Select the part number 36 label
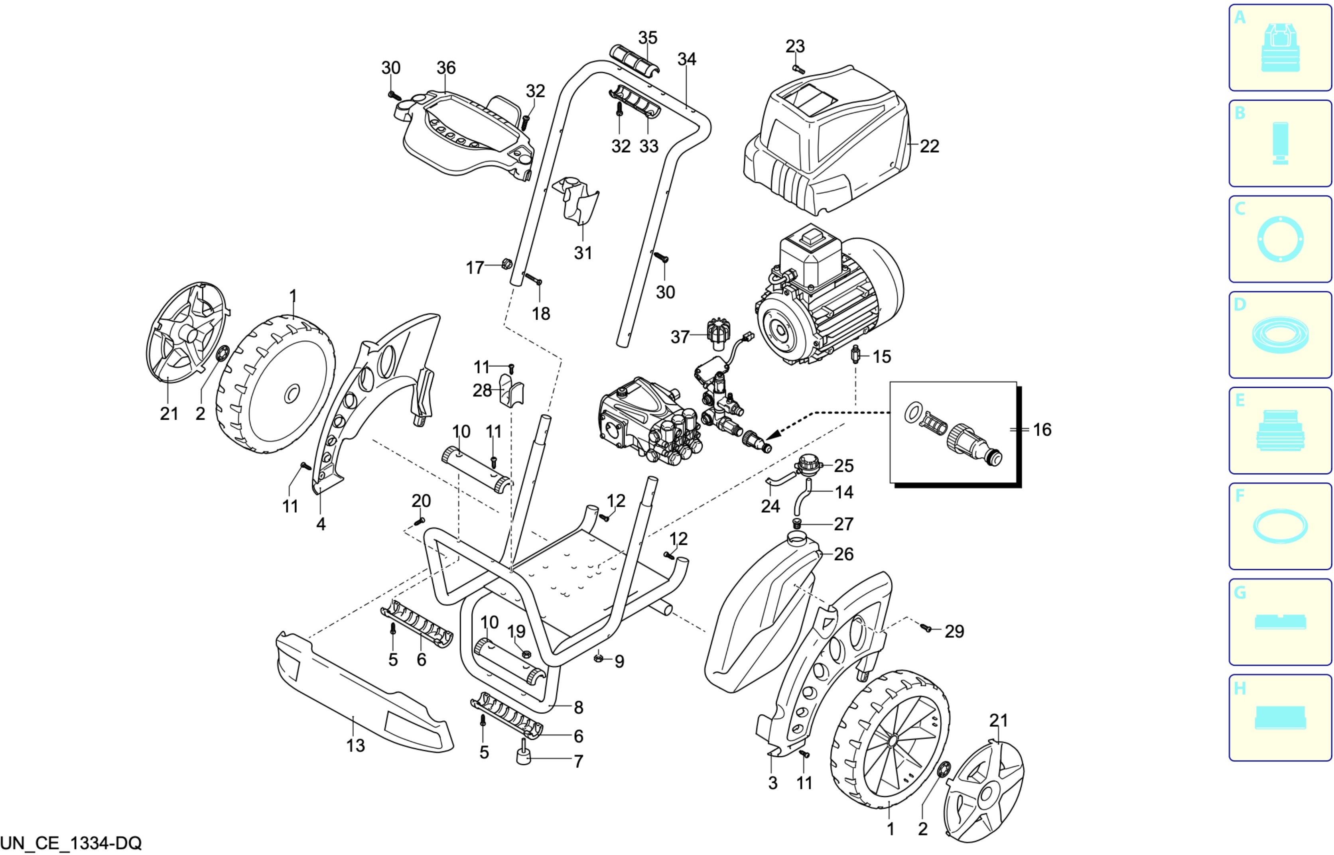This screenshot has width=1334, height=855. click(x=446, y=68)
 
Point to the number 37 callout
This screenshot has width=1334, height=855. click(x=680, y=337)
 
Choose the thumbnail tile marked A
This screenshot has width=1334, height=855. click(x=1280, y=48)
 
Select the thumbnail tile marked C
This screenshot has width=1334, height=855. click(x=1280, y=239)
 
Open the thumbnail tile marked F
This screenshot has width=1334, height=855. click(x=1280, y=526)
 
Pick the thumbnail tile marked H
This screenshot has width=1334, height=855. click(x=1280, y=718)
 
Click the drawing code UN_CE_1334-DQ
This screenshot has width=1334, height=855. click(x=71, y=843)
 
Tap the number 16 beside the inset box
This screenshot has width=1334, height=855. click(x=1042, y=429)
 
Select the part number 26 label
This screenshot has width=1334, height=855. click(x=843, y=554)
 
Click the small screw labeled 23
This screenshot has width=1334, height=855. click(x=799, y=69)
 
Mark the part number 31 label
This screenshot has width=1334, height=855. click(x=583, y=253)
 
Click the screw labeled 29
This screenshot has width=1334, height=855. click(x=925, y=628)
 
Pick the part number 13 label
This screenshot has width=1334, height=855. click(x=355, y=746)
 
